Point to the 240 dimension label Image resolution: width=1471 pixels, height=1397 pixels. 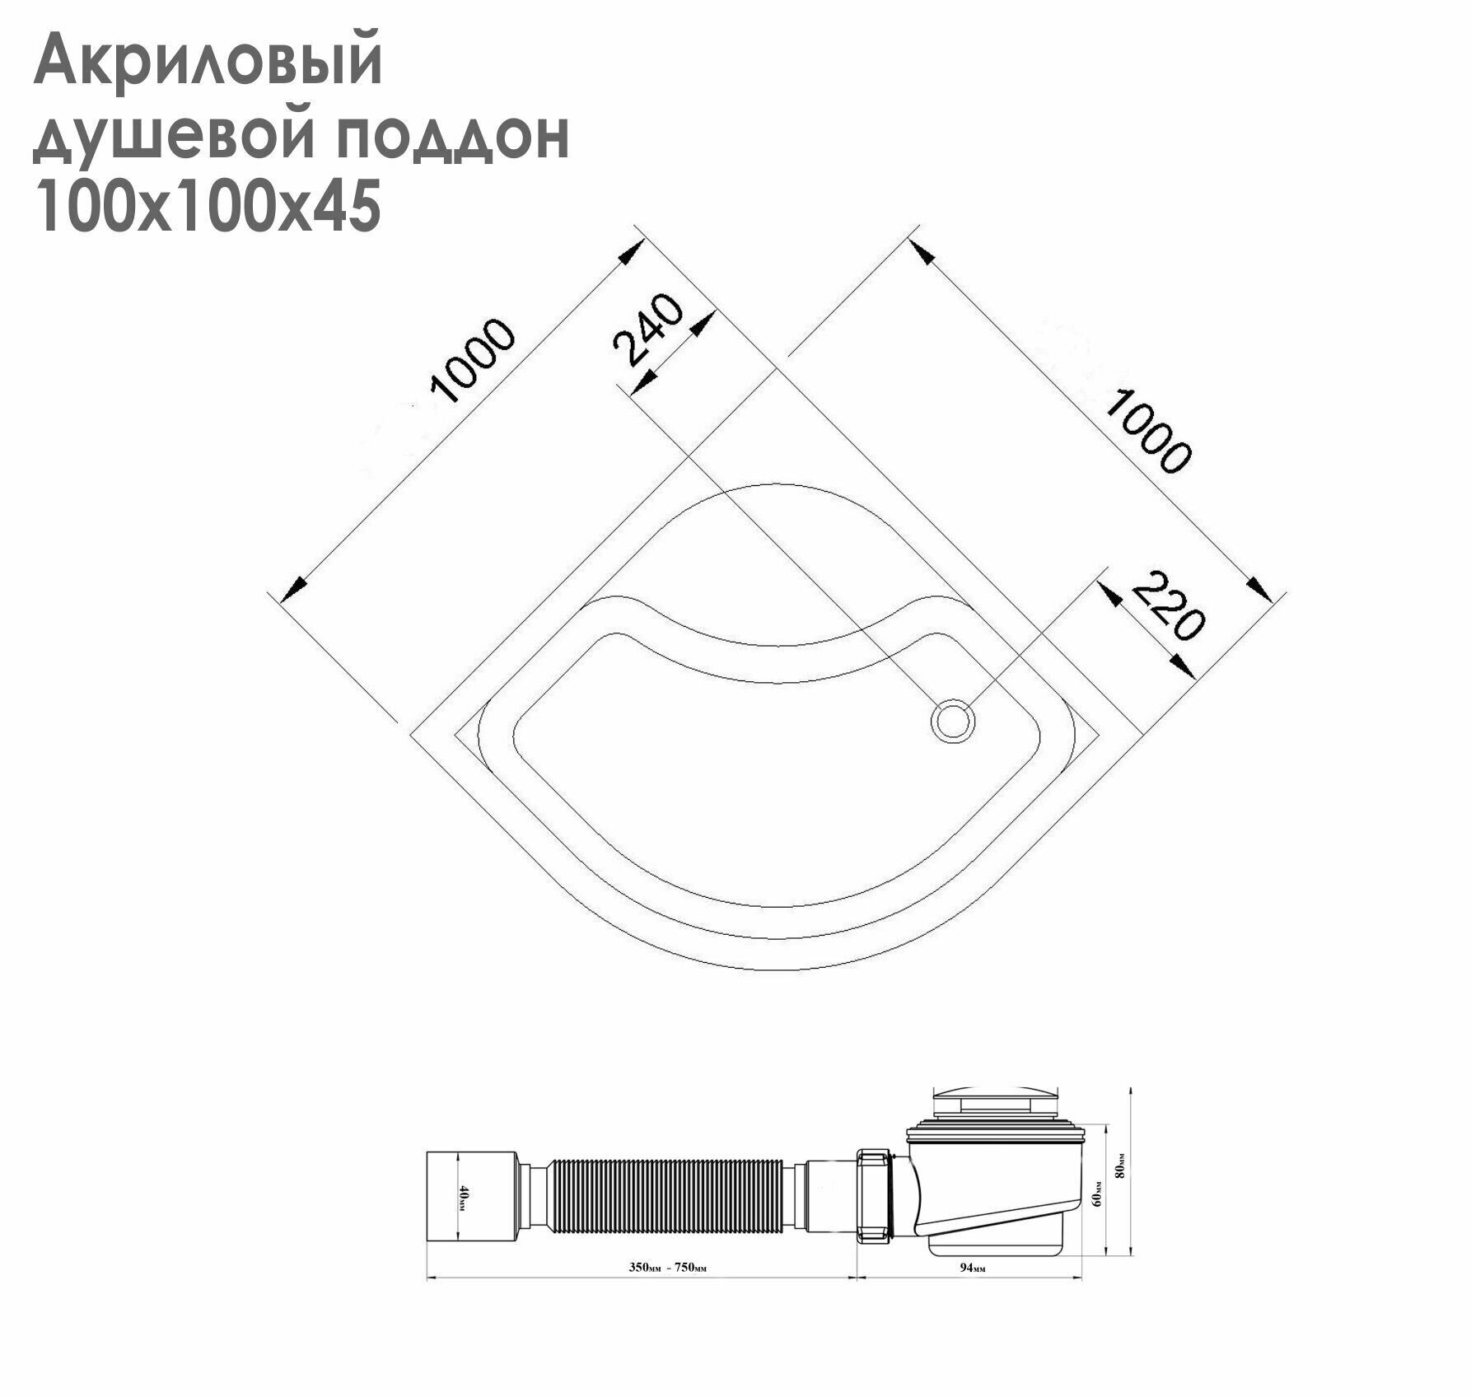[649, 329]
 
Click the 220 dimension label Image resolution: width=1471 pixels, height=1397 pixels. [1167, 605]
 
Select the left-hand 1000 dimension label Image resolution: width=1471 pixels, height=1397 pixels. [473, 362]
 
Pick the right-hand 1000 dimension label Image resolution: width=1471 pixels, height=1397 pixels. [1147, 431]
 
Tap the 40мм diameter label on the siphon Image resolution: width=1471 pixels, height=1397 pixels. [464, 1198]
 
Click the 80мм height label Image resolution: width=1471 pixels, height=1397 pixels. [1118, 1167]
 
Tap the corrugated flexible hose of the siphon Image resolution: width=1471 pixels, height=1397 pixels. [665, 1198]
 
